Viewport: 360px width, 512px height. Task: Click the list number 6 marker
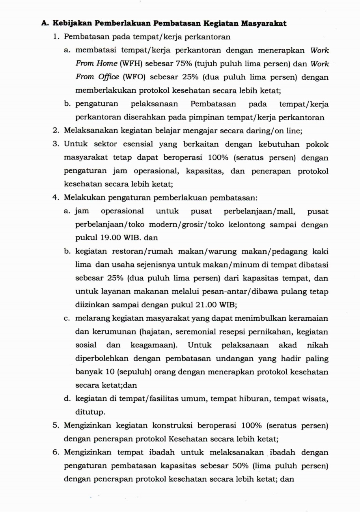[x=56, y=452]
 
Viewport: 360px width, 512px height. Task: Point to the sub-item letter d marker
[x=67, y=399]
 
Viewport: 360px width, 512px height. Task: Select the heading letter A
[x=45, y=23]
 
